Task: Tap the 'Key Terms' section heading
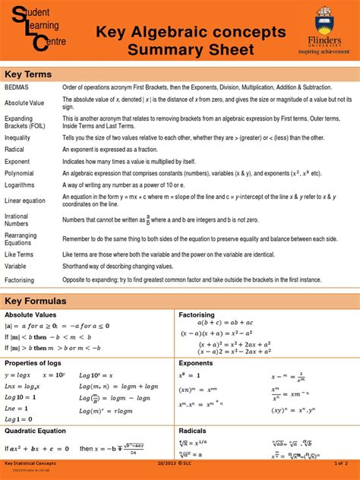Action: tap(28, 74)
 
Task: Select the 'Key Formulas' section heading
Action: tap(36, 301)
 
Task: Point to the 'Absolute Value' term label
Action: tap(25, 103)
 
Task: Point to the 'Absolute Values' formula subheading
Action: tap(30, 314)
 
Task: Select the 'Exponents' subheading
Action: tap(195, 363)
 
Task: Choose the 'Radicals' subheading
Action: tap(193, 431)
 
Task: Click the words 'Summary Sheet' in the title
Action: tap(190, 51)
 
